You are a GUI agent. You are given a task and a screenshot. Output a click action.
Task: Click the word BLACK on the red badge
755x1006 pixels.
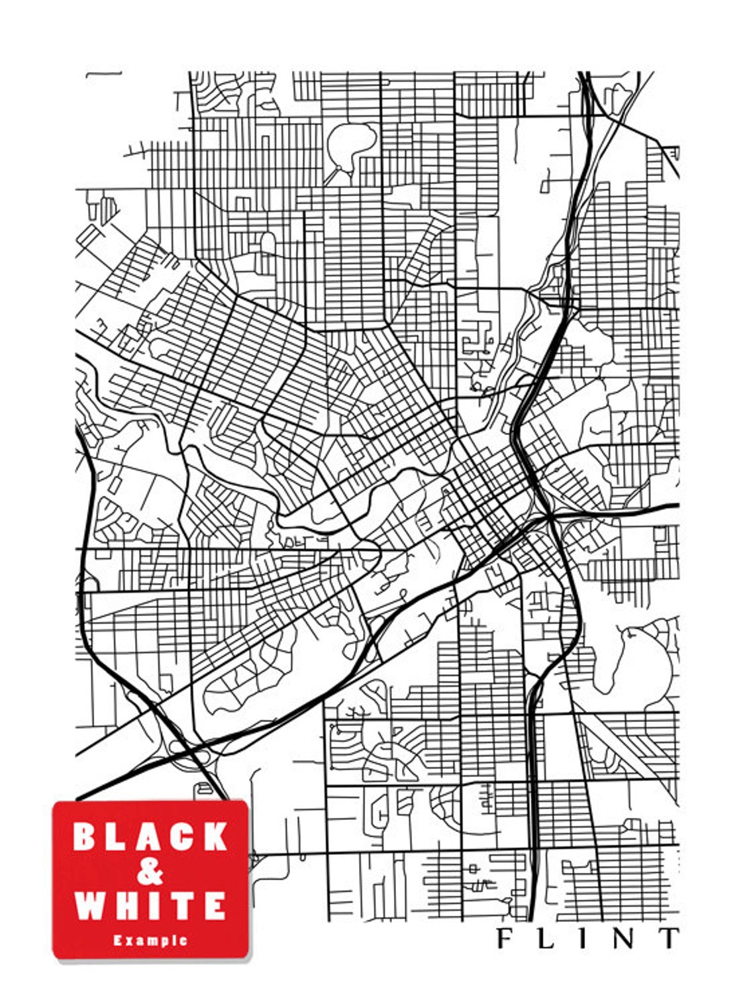tap(150, 836)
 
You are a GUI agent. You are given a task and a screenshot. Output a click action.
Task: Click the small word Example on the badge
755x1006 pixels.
tap(150, 940)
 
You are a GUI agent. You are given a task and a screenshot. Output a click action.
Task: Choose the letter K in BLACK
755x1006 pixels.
tap(215, 836)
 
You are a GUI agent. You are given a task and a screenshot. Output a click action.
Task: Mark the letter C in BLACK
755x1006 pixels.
tap(183, 836)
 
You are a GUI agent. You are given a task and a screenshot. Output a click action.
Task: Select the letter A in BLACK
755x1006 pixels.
tap(150, 836)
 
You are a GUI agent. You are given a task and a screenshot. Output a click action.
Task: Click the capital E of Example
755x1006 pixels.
tap(117, 940)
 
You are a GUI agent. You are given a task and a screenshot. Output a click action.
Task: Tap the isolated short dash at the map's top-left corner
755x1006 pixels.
tap(104, 75)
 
